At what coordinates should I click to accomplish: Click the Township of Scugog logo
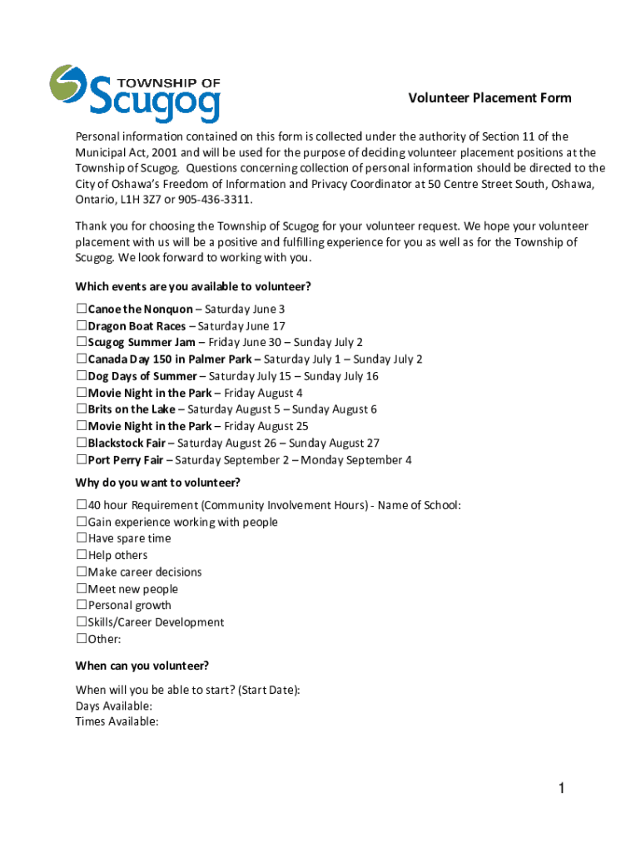tap(135, 93)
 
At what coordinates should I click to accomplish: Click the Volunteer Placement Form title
tap(489, 98)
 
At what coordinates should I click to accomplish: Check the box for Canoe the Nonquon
tap(82, 310)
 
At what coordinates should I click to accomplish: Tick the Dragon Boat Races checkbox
tap(82, 326)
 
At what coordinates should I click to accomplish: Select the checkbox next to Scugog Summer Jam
tap(82, 343)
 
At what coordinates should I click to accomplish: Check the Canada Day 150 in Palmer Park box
tap(82, 359)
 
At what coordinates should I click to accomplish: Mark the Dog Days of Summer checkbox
tap(82, 376)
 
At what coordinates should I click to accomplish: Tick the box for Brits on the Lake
tap(82, 409)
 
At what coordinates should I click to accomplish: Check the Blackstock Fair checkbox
tap(82, 443)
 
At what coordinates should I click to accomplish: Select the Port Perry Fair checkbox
tap(82, 460)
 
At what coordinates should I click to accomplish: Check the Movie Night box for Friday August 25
tap(82, 426)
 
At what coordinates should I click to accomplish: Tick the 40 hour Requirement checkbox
tap(82, 505)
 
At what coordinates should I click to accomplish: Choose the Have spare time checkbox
tap(82, 538)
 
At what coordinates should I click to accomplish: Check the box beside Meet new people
tap(82, 589)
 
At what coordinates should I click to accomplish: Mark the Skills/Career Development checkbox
tap(82, 622)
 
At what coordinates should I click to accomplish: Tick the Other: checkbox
tap(82, 639)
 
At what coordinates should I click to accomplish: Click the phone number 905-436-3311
tap(211, 201)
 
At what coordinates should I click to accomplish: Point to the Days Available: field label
tap(114, 706)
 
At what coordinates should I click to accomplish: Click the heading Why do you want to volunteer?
tap(158, 483)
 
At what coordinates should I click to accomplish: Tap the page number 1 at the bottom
tap(562, 789)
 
